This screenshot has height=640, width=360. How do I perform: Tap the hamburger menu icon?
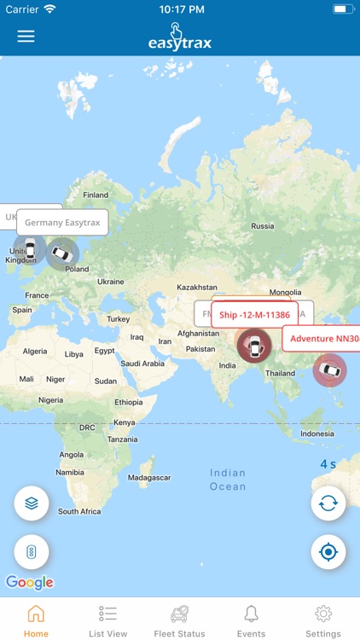tap(26, 37)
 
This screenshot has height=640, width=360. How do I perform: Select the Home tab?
tap(36, 620)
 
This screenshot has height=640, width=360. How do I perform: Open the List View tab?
tap(108, 620)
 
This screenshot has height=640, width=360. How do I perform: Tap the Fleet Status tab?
tap(179, 620)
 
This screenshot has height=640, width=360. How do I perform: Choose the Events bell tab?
tap(251, 620)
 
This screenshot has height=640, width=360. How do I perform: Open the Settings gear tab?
tap(323, 620)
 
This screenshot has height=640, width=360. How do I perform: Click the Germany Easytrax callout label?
tap(62, 223)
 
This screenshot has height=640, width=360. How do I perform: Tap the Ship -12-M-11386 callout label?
tap(254, 315)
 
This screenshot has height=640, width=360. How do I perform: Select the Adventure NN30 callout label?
tap(322, 339)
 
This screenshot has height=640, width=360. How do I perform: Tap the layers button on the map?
tap(32, 503)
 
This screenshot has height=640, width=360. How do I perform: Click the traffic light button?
tap(32, 552)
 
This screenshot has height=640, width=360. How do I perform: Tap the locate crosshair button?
tap(328, 552)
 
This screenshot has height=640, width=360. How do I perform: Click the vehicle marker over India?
tap(253, 346)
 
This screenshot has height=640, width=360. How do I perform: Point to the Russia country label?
tap(263, 226)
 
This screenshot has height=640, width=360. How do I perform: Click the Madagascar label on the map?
tap(148, 478)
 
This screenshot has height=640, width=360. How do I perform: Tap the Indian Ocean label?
tap(228, 480)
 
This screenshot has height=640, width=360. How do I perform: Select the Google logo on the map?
tap(30, 582)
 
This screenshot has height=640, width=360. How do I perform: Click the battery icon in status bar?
tap(342, 9)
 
